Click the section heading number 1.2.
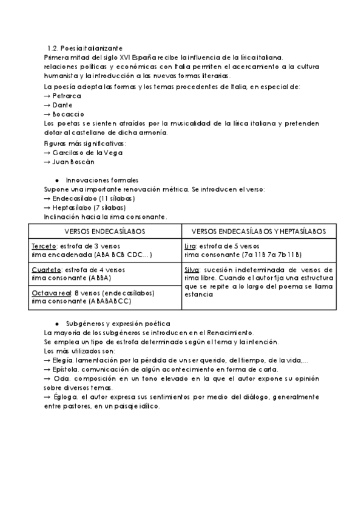(x=52, y=48)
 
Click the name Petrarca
(x=67, y=96)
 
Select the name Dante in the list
(x=63, y=105)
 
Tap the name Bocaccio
(x=68, y=114)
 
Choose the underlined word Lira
(x=189, y=246)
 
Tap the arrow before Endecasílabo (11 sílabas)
(x=47, y=198)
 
